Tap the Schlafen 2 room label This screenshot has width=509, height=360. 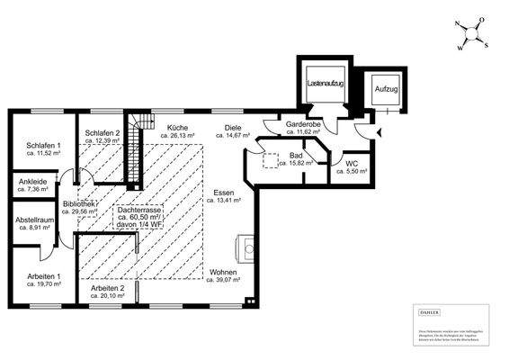[102, 136]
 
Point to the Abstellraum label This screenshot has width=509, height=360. [36, 223]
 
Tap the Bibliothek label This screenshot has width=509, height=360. [79, 208]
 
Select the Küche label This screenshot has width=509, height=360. [178, 131]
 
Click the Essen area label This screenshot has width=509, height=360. [226, 195]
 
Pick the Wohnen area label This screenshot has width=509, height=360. [224, 274]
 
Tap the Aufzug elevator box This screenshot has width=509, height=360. [387, 89]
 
